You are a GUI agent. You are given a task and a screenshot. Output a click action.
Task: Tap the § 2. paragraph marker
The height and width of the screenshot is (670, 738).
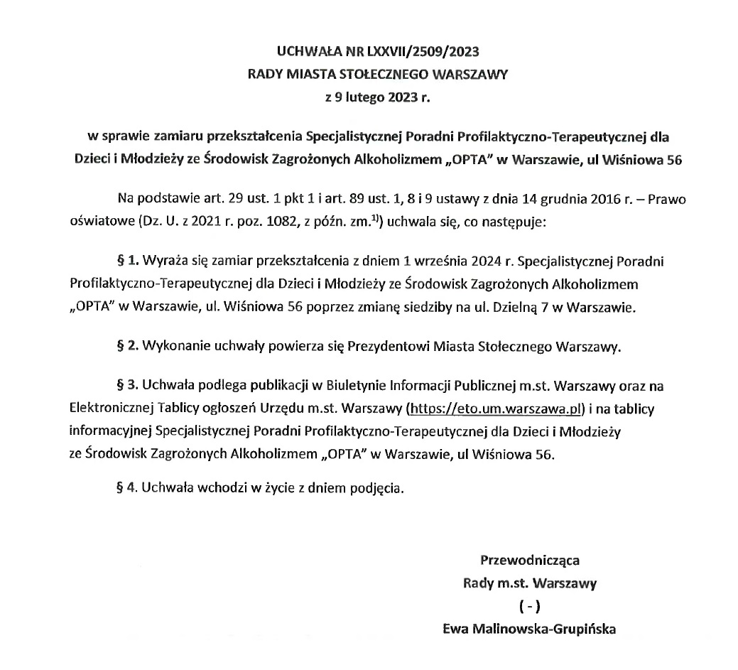point(126,347)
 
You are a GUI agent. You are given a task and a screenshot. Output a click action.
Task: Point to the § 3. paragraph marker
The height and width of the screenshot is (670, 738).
point(126,387)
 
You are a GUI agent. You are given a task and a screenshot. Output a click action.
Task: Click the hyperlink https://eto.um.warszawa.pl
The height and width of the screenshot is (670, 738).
point(494,410)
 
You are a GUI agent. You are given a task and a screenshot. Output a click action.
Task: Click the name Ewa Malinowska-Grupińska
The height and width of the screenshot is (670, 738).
point(528,629)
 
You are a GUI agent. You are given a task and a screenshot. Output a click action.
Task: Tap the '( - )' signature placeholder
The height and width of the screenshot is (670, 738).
point(530,607)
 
